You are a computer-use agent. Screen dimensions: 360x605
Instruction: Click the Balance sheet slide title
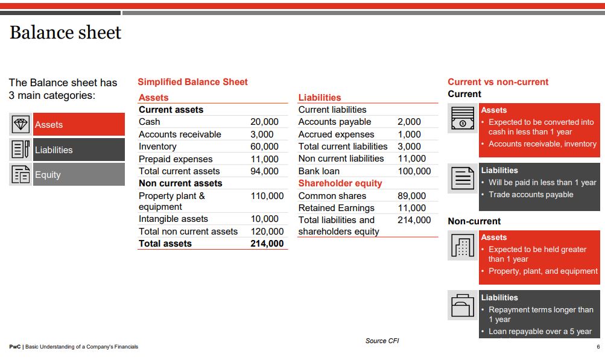coord(65,33)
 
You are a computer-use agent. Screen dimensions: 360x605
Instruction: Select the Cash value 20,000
coord(264,122)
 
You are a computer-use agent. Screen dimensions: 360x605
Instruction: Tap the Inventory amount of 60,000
coord(264,147)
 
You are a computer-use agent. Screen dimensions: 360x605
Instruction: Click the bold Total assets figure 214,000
coord(267,244)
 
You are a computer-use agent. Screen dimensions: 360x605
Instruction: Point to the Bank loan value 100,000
coord(414,171)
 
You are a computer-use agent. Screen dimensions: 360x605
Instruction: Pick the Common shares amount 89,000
coord(411,196)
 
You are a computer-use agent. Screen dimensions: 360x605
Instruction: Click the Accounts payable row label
coord(335,122)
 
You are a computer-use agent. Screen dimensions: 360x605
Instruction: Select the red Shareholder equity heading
coord(340,183)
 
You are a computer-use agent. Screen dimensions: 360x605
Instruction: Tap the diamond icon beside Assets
coord(21,125)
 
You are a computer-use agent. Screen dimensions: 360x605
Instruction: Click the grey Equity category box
coord(78,175)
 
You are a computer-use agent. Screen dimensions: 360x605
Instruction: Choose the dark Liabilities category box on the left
coord(78,150)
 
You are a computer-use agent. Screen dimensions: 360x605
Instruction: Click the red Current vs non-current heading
coord(498,82)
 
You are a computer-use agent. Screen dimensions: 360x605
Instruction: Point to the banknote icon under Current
coord(463,118)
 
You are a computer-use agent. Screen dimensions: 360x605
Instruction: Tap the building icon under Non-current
coord(463,245)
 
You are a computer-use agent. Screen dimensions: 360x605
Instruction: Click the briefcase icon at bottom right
coord(463,305)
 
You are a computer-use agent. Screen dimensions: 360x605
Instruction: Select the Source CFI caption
coord(382,341)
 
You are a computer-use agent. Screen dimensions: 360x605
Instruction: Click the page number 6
coord(598,347)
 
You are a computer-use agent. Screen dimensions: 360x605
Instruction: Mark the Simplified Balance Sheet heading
coord(192,82)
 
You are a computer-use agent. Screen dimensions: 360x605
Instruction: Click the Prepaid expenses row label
coord(176,159)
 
